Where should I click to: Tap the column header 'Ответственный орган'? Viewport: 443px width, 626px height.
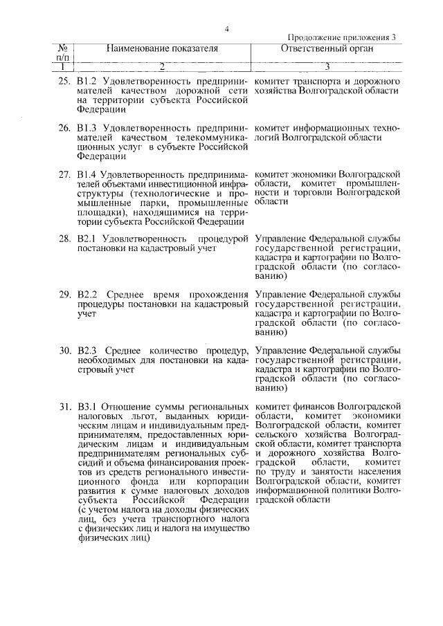pos(327,49)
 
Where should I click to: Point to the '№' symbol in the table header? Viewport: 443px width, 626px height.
pos(62,48)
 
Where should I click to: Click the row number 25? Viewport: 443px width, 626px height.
pos(64,82)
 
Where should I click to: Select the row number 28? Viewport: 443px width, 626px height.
pos(64,239)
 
